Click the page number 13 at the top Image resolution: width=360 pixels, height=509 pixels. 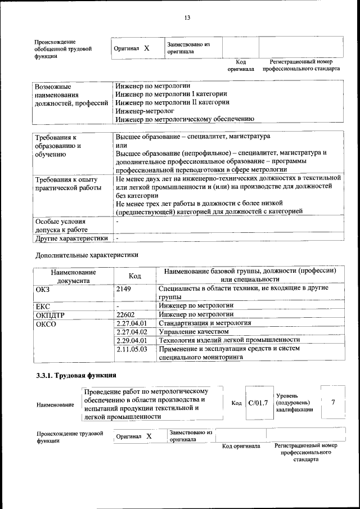187,17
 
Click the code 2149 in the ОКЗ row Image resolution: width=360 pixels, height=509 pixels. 123,289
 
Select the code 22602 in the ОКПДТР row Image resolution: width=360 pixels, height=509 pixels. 125,314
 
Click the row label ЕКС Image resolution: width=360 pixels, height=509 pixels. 43,306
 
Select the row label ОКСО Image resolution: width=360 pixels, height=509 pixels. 46,323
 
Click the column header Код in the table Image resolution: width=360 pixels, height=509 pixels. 134,276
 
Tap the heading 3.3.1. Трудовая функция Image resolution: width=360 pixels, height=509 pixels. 76,375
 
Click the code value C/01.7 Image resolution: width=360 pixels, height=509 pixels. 258,403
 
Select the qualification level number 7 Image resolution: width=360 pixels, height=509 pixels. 333,403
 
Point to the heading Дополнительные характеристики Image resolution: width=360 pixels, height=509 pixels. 86,255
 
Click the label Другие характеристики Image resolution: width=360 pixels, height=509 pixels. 71,238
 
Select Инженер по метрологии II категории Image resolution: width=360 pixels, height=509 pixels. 172,102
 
